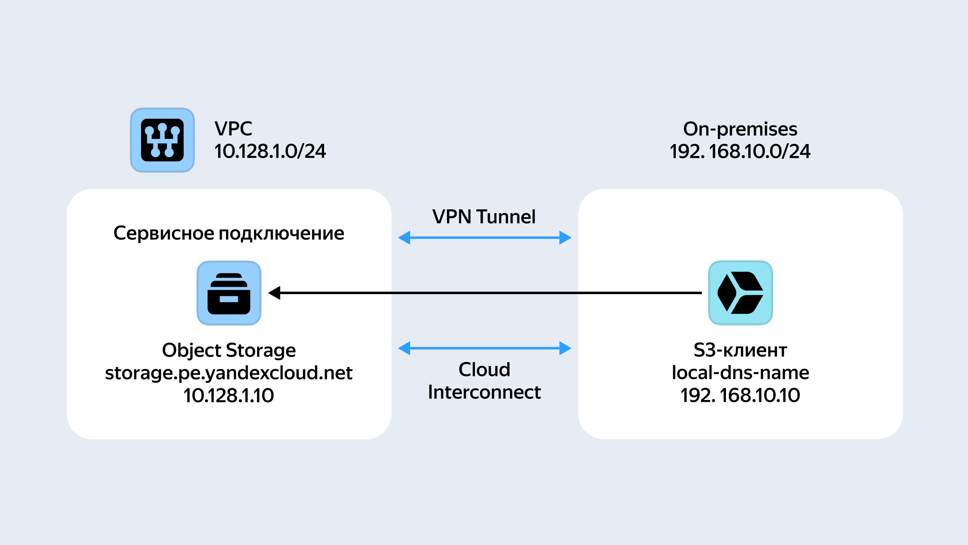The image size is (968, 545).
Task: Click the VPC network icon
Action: pos(162,140)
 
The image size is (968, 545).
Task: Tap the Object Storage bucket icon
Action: pos(229,293)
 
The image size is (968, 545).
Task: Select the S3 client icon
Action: pos(741,293)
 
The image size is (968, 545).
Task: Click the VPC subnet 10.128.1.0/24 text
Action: pos(270,151)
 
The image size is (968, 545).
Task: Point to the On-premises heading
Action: pos(740,129)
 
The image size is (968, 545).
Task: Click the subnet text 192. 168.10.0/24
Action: pos(740,151)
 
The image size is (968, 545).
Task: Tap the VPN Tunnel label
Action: pos(484,217)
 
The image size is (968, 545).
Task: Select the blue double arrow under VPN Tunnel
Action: pos(484,237)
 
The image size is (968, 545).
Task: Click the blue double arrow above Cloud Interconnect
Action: pos(484,348)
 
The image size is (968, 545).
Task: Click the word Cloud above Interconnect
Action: pos(484,370)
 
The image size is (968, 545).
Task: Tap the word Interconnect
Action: pos(484,392)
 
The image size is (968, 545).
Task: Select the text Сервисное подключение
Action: pos(229,234)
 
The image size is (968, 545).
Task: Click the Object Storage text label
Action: pos(229,350)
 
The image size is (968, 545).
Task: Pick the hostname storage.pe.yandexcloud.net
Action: pos(229,373)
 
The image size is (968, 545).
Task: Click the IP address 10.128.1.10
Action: pos(229,395)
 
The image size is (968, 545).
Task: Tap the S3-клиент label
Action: pos(740,350)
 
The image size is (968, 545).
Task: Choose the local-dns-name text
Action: pos(740,373)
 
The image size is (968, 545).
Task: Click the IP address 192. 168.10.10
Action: pos(740,395)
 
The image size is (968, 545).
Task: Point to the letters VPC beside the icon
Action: pos(233,129)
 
